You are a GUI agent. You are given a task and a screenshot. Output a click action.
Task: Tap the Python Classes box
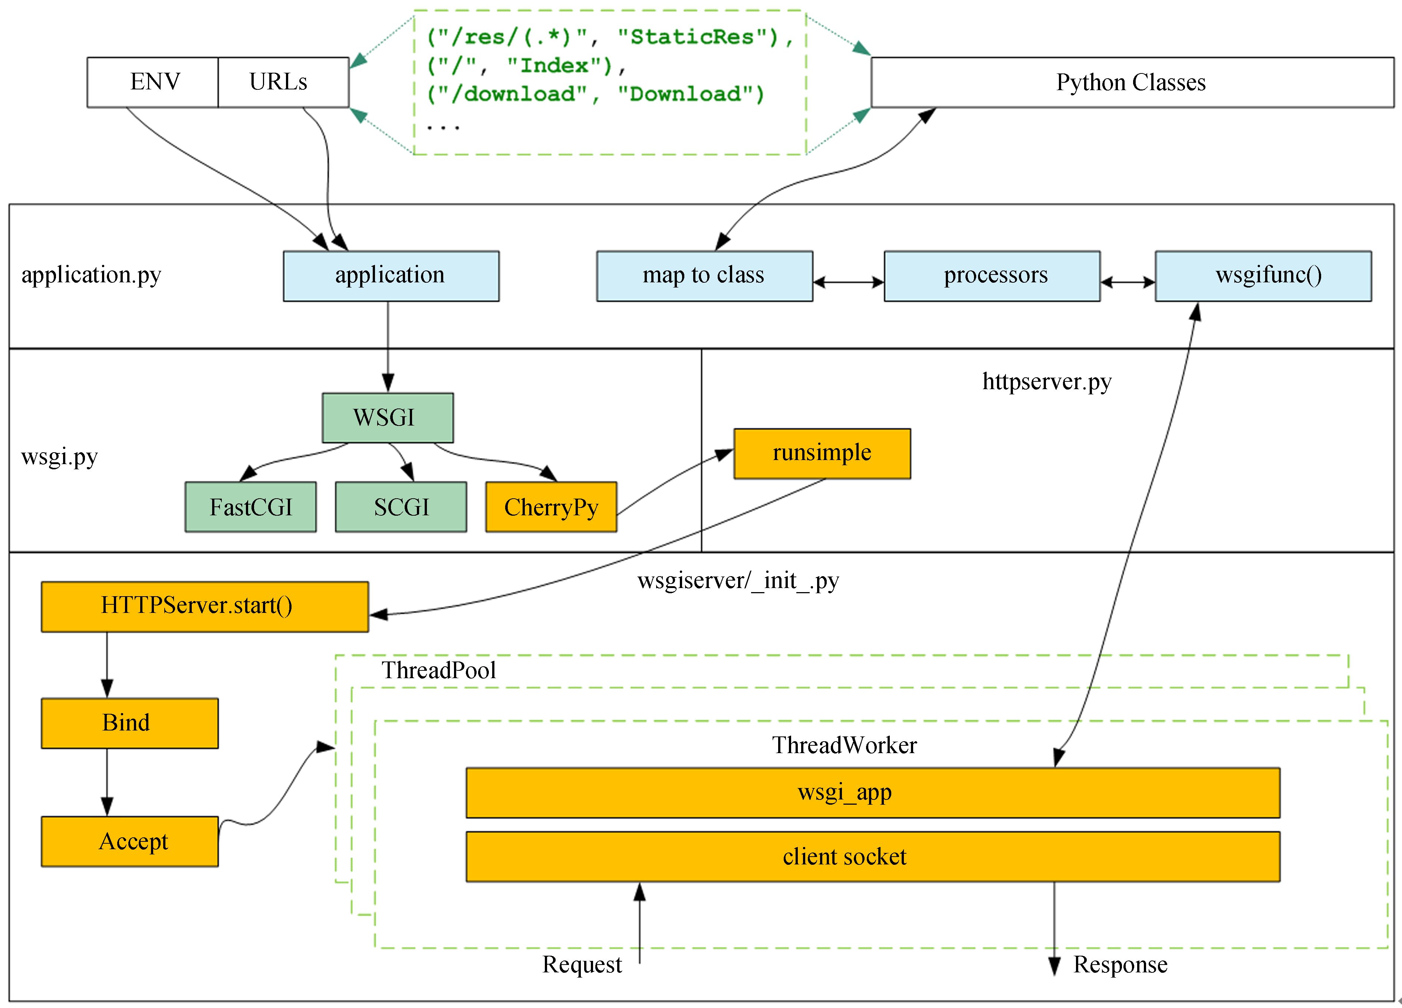1131,82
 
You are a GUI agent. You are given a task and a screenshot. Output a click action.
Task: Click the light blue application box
391,276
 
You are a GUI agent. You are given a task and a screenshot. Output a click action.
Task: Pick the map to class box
704,276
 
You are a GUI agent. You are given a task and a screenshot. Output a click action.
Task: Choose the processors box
991,276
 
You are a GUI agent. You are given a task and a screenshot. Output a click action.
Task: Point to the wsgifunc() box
1263,276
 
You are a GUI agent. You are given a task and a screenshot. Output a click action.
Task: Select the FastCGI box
250,507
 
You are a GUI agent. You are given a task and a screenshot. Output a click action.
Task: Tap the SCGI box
401,507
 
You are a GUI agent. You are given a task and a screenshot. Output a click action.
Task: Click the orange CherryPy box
551,507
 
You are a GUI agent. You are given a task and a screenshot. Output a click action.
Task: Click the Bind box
129,723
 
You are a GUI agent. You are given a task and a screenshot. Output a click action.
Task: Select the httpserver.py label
1047,381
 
